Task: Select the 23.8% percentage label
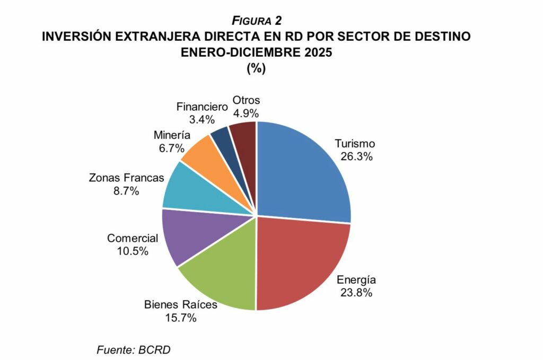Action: pyautogui.click(x=357, y=293)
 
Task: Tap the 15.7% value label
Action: pyautogui.click(x=181, y=318)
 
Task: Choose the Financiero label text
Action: pyautogui.click(x=202, y=106)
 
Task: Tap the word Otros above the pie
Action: pyautogui.click(x=247, y=100)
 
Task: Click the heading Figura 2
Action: pyautogui.click(x=256, y=21)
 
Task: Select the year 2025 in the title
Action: pyautogui.click(x=315, y=52)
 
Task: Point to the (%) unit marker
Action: pyautogui.click(x=256, y=68)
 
